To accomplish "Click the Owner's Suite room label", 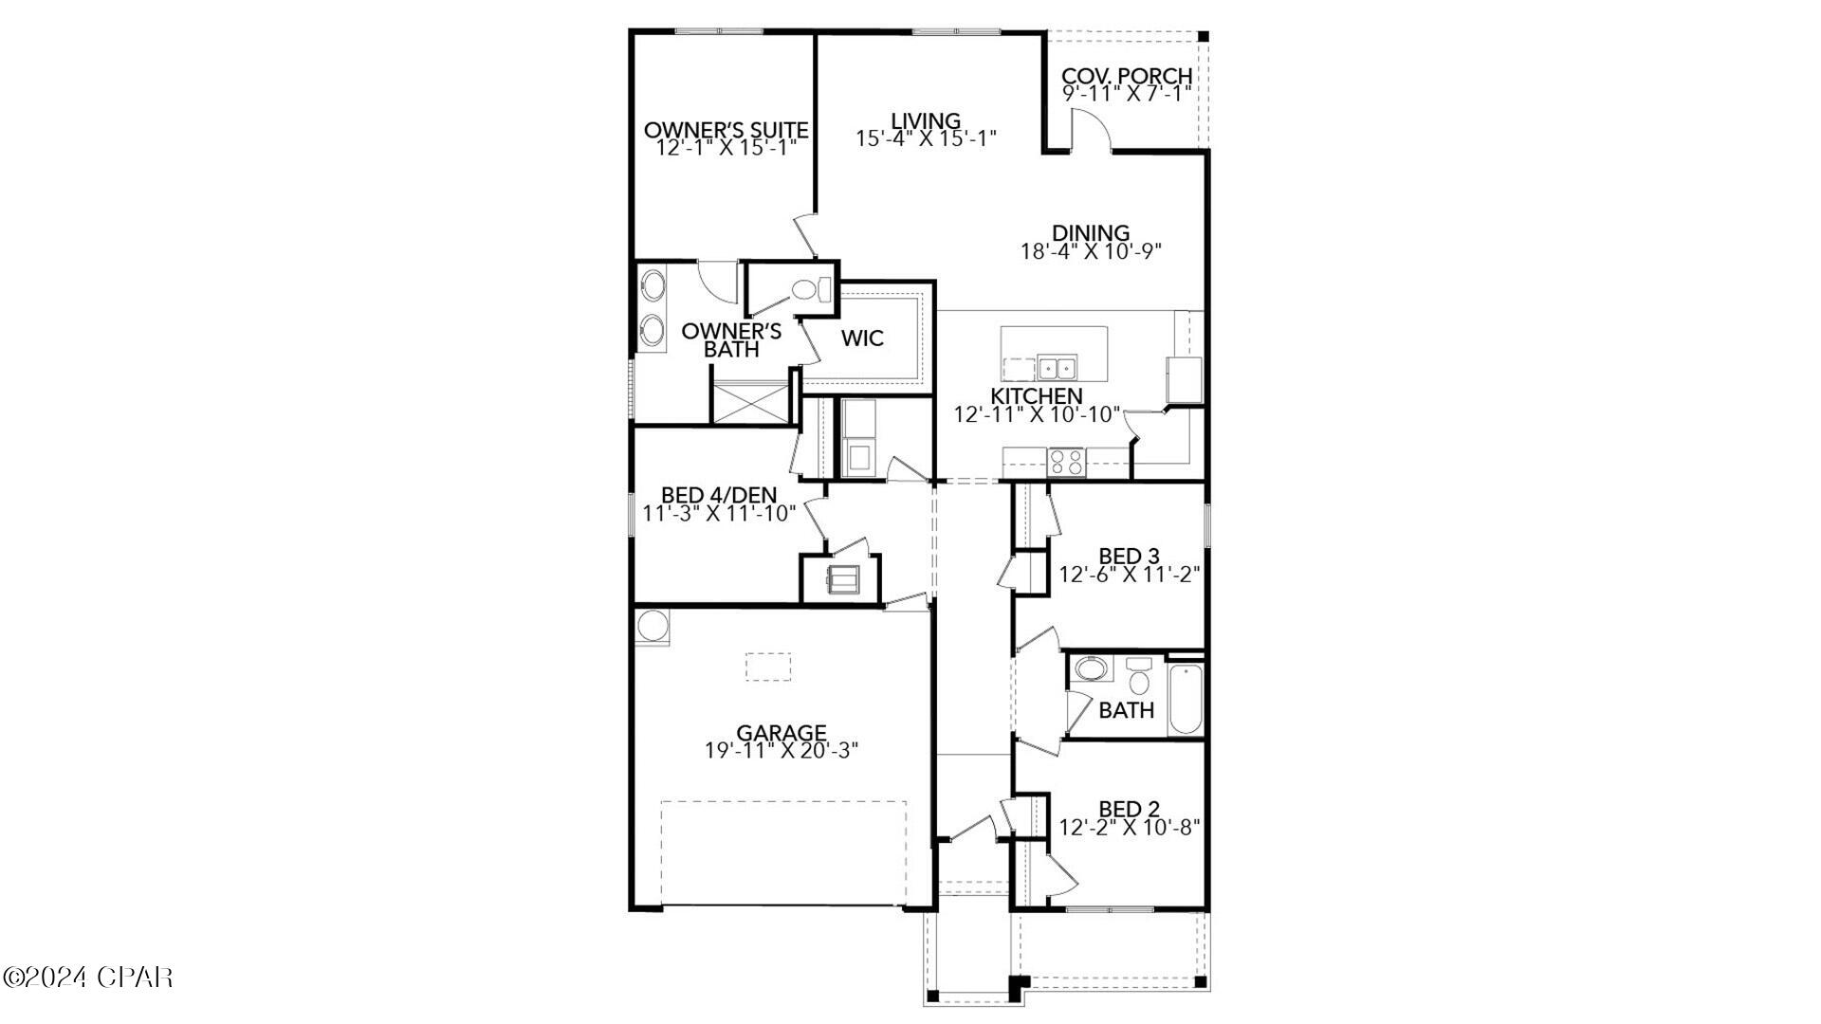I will pos(726,130).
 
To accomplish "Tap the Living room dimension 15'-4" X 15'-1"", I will pos(926,138).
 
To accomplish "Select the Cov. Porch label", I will pos(1127,76).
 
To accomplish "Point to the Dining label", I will pos(1091,232).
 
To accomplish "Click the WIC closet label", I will pos(862,338).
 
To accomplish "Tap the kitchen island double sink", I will pos(1057,366).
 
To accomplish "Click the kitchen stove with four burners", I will pos(1065,462).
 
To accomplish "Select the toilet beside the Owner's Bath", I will pos(806,289).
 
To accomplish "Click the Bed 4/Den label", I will pos(718,495).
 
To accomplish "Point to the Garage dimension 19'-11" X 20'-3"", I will pos(782,750).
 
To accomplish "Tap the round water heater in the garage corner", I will pos(652,627).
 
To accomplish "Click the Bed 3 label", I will pos(1129,556).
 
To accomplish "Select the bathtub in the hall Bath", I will pos(1186,699).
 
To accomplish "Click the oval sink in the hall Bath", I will pos(1091,670).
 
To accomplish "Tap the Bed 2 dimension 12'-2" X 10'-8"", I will pos(1130,827).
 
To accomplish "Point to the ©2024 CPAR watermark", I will pos(87,977).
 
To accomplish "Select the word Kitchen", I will pos(1037,396).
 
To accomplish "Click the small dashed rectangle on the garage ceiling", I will pos(767,667).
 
